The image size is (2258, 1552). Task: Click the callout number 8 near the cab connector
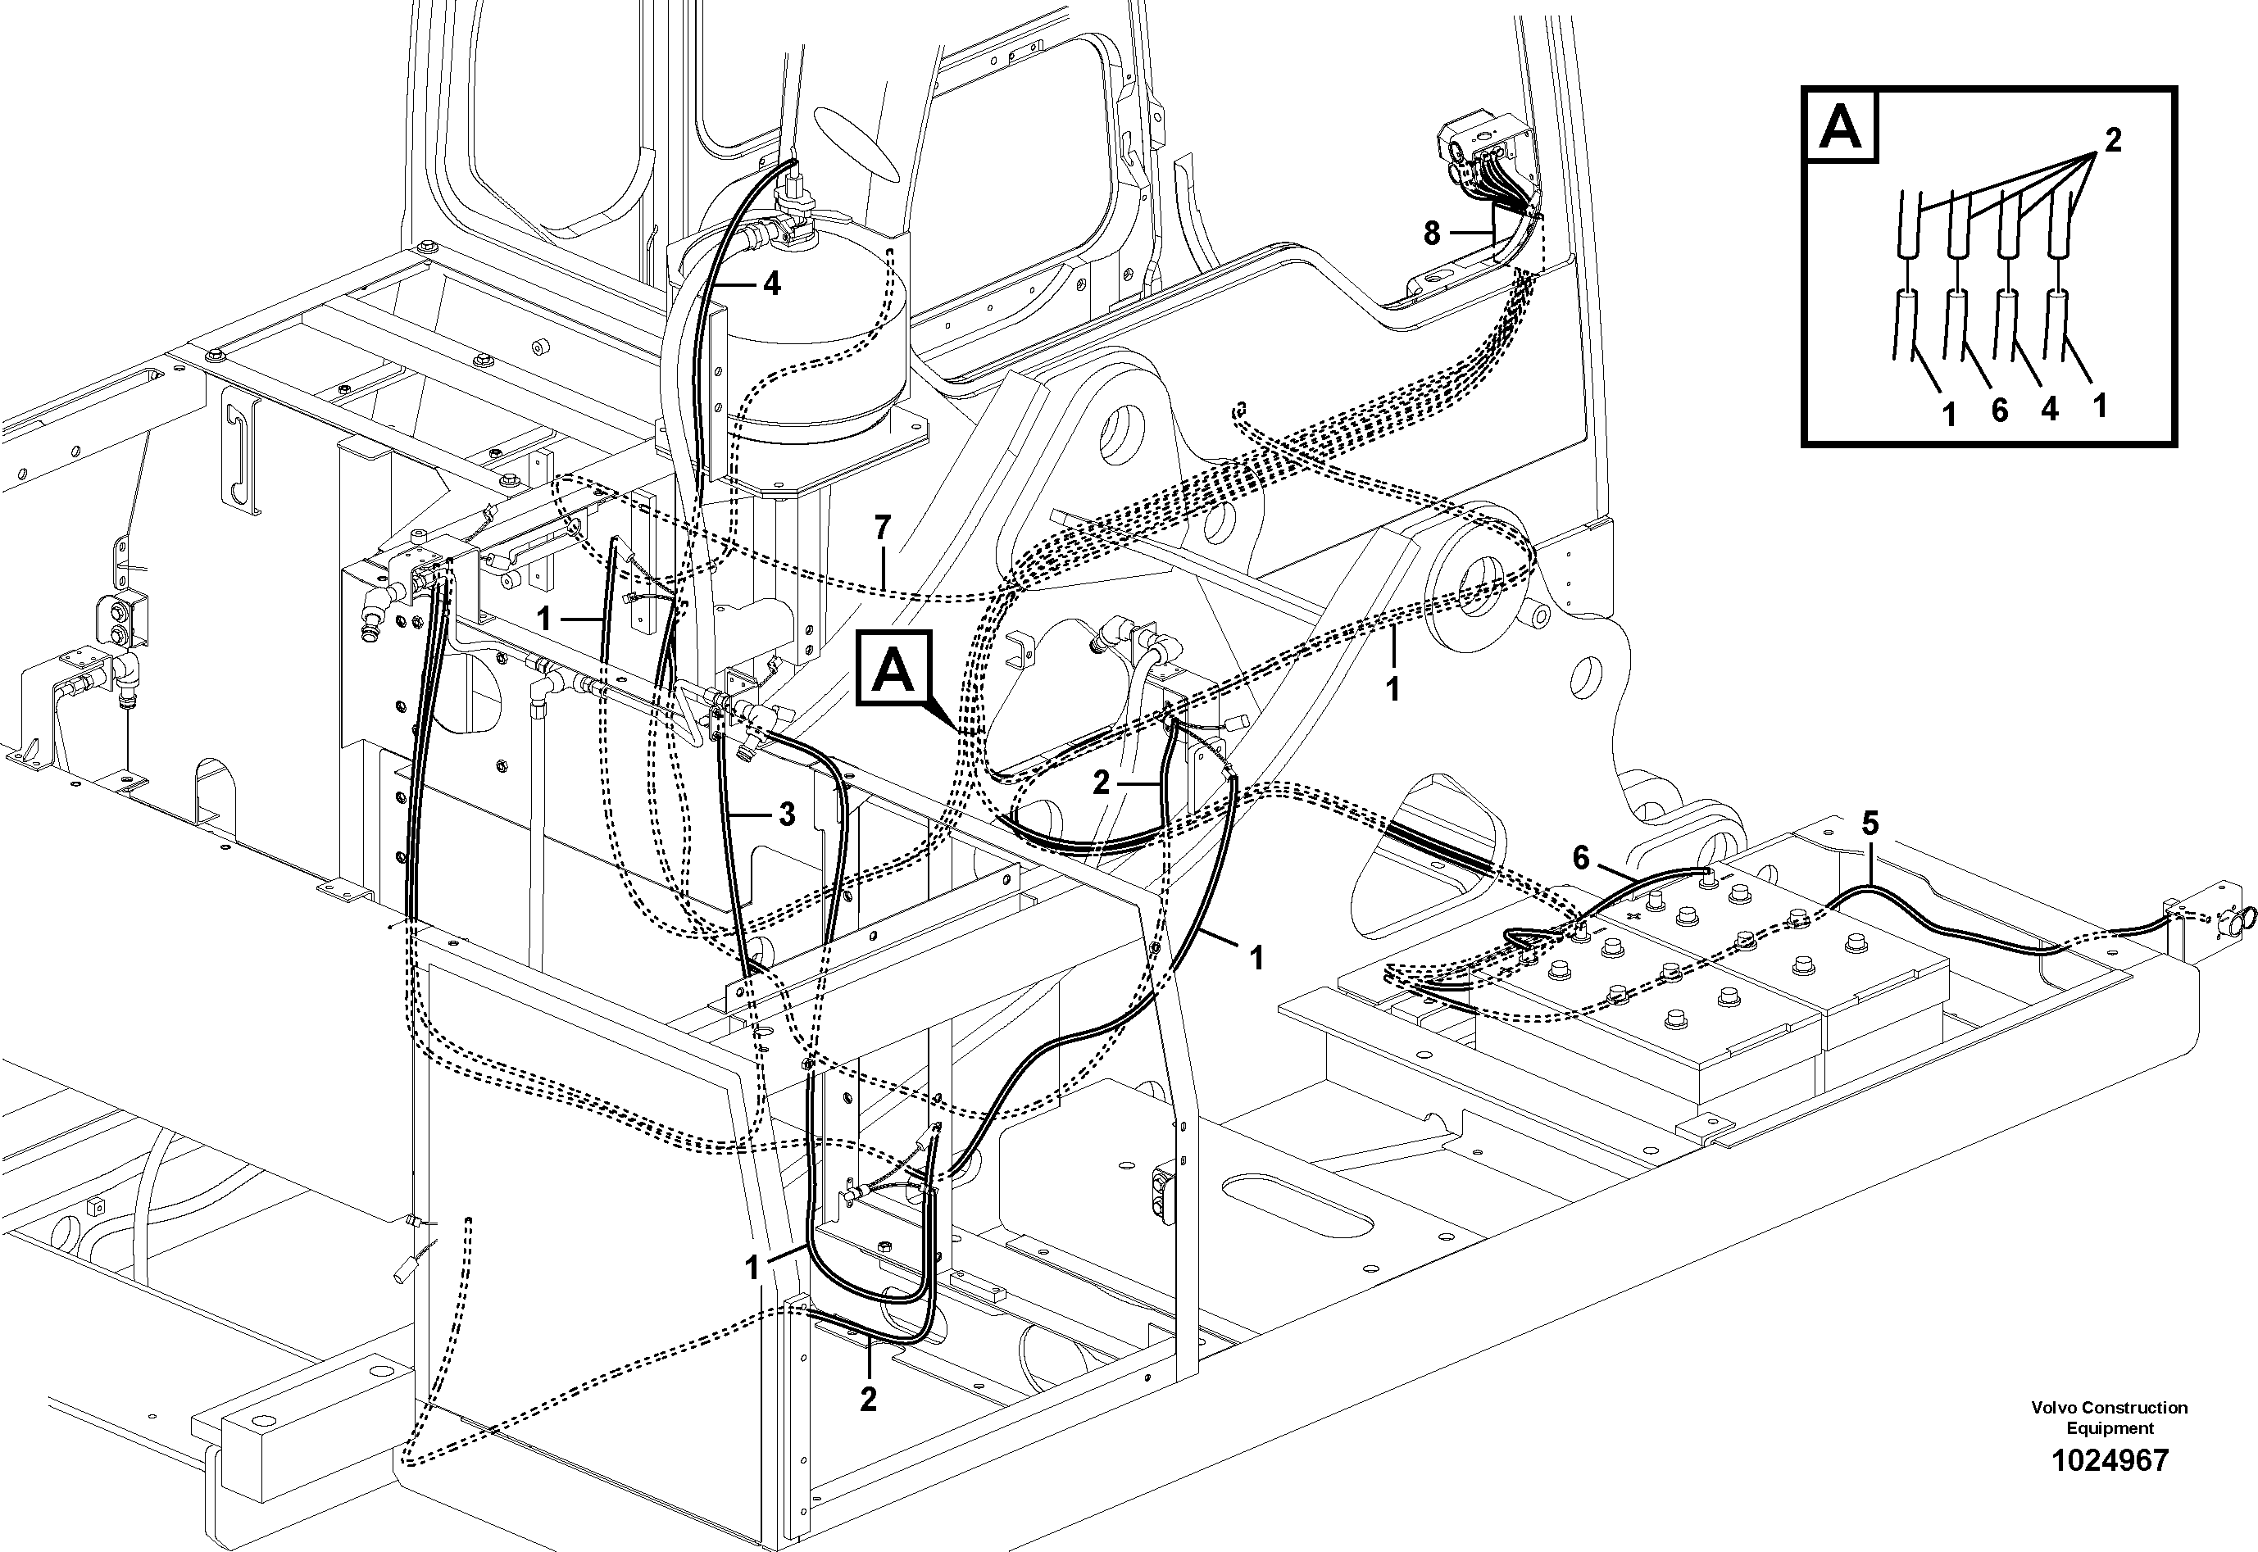pos(1431,234)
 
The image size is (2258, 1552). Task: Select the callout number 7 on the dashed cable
pos(882,529)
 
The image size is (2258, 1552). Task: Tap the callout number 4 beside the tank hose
pos(771,284)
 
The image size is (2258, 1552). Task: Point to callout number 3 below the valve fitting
pos(787,815)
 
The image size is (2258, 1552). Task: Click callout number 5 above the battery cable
pos(1870,824)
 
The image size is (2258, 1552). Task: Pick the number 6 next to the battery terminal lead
pos(1581,858)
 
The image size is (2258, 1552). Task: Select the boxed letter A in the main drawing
pos(893,667)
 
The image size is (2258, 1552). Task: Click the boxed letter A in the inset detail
pos(1840,125)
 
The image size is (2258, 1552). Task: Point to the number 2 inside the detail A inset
pos(2112,141)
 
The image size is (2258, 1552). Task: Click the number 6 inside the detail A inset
pos(1999,411)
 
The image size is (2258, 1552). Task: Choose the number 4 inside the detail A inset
pos(2050,410)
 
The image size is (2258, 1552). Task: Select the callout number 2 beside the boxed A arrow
pos(1100,783)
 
